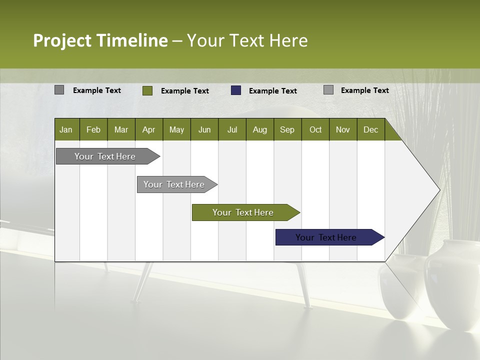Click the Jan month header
coord(66,129)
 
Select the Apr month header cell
coord(149,129)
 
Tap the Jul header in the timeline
coord(232,129)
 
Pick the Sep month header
coord(287,129)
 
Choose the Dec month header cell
coord(370,129)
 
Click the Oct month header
coord(315,129)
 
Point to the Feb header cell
coord(93,129)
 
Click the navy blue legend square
coord(236,90)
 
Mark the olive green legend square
coord(147,90)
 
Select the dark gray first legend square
coord(59,90)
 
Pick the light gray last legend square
coord(328,90)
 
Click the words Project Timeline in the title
coord(100,40)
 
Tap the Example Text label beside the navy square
coord(273,91)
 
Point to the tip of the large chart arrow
coord(438,190)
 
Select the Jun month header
coord(204,129)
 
